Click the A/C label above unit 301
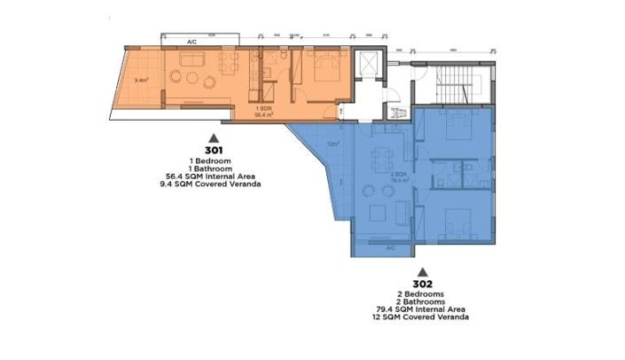click(x=191, y=42)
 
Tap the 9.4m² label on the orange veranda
click(x=140, y=81)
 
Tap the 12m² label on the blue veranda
click(x=332, y=144)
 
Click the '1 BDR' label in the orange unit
click(x=263, y=108)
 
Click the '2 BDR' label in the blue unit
click(x=400, y=174)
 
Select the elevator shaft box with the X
click(x=366, y=66)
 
